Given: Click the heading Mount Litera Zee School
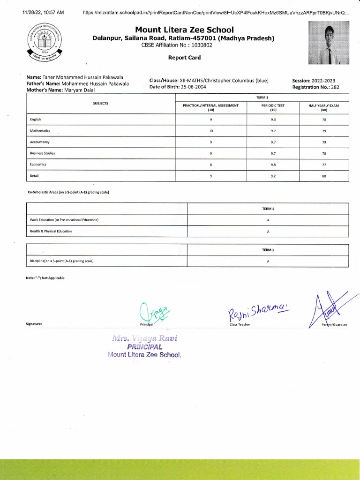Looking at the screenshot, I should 184,30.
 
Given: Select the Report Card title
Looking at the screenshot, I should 184,58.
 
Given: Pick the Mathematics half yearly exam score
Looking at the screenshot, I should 323,131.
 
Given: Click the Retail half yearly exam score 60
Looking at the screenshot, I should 323,176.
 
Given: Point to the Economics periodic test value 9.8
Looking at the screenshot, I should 273,165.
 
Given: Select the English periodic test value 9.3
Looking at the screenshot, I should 273,120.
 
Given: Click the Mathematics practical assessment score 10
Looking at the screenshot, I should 210,131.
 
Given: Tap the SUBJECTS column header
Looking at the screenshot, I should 101,103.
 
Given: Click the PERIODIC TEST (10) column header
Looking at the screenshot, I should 273,108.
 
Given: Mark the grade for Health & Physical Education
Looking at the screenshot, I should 268,232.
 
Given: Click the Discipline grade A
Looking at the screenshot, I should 268,262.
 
